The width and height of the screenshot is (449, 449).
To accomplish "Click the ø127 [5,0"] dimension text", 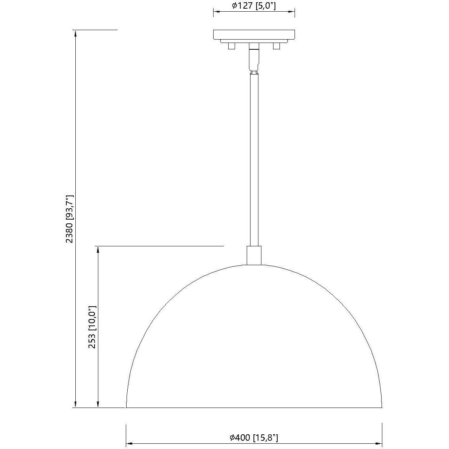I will pyautogui.click(x=254, y=6).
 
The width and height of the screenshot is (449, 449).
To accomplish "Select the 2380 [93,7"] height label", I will pyautogui.click(x=70, y=219).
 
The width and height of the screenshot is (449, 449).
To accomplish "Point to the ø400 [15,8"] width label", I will pyautogui.click(x=254, y=438).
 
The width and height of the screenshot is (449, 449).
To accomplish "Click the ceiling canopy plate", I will pyautogui.click(x=254, y=35).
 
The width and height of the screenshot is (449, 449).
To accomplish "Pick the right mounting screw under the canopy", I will pyautogui.click(x=276, y=46).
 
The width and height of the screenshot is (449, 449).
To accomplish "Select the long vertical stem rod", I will pyautogui.click(x=254, y=158).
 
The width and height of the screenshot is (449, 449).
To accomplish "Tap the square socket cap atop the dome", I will pyautogui.click(x=254, y=255).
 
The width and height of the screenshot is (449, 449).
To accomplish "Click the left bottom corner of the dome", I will pyautogui.click(x=127, y=407).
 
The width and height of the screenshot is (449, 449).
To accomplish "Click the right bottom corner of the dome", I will pyautogui.click(x=382, y=407).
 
